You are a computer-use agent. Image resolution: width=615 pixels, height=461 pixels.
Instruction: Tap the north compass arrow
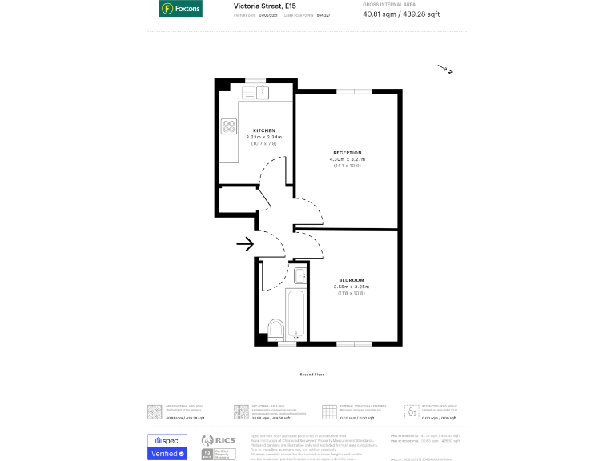445,70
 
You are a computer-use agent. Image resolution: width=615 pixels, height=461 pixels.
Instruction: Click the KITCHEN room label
264,130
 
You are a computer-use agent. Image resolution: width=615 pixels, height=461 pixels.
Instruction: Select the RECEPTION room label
348,152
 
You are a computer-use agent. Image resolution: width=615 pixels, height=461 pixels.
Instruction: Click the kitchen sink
262,92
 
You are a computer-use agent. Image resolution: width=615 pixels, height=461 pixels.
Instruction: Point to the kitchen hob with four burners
229,126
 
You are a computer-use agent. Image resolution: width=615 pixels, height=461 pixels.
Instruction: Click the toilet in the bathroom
275,328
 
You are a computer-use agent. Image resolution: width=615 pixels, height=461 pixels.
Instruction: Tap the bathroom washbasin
299,277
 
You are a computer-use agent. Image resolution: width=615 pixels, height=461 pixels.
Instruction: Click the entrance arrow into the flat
245,243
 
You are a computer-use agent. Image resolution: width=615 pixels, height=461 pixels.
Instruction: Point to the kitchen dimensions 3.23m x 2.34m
264,137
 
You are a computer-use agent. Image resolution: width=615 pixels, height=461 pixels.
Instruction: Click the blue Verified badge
167,453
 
